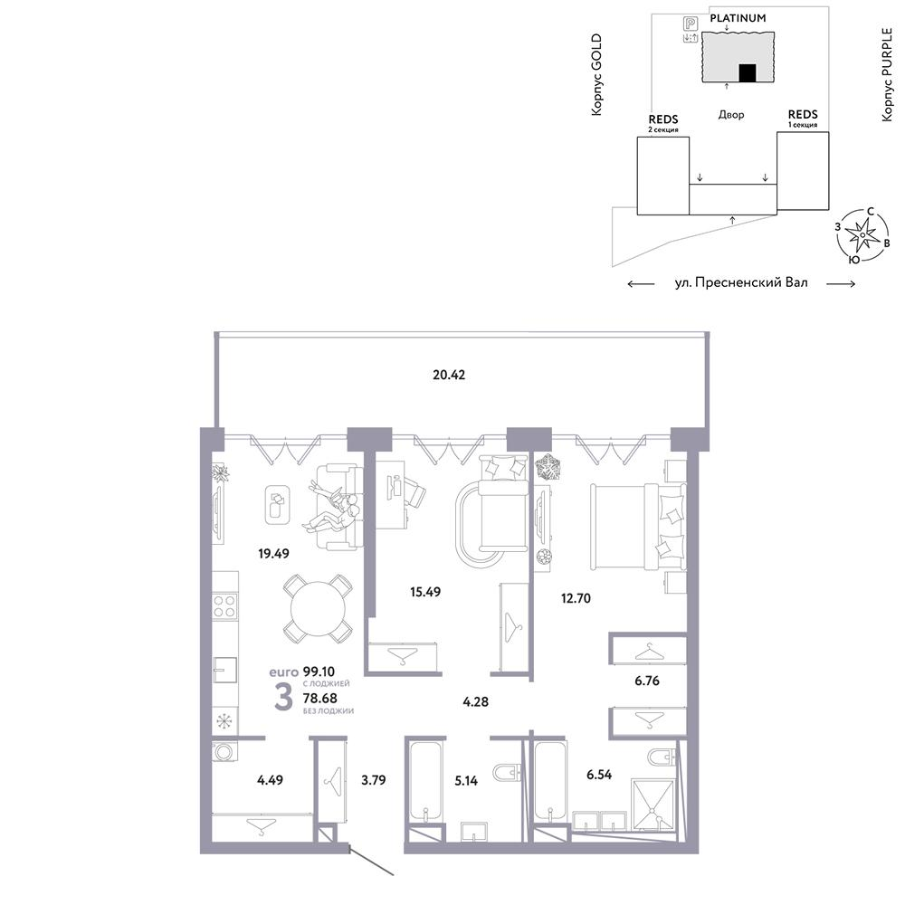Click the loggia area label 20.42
(449, 376)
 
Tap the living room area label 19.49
(273, 554)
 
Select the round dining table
(318, 608)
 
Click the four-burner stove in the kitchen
(224, 606)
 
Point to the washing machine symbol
(224, 751)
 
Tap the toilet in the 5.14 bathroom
(508, 772)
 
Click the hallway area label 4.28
(476, 702)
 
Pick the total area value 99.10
(319, 672)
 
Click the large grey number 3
(283, 697)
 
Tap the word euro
(283, 672)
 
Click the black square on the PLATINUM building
(748, 72)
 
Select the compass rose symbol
(862, 235)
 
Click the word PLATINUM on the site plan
(738, 18)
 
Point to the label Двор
(730, 115)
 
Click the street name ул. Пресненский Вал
(741, 282)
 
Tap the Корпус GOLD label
(596, 74)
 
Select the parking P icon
(691, 24)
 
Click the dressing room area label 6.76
(646, 681)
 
